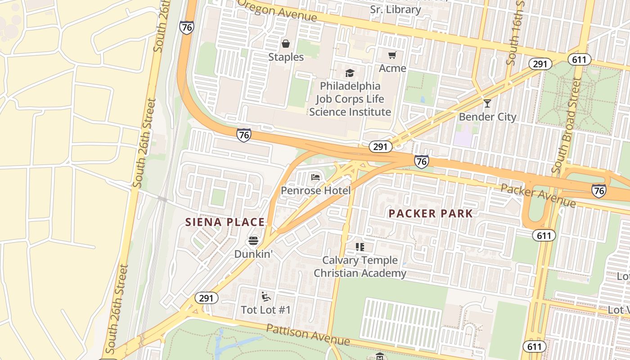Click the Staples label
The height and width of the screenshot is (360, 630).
tap(286, 57)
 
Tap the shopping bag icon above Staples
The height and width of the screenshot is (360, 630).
tap(285, 44)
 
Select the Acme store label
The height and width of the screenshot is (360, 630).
tap(392, 68)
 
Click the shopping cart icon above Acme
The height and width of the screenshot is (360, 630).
tap(392, 55)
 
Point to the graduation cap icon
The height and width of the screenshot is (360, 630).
tap(350, 73)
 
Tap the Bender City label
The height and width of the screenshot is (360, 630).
tap(487, 117)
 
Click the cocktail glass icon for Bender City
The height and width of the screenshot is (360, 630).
tap(487, 103)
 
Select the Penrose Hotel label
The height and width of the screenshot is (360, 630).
tap(315, 191)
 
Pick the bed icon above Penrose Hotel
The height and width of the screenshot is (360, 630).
tap(315, 177)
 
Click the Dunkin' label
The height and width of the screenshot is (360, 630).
tap(253, 254)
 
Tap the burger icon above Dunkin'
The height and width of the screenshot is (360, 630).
tap(253, 241)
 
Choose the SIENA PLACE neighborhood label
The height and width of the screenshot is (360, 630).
tap(225, 222)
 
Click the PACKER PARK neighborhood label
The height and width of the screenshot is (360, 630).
tap(431, 214)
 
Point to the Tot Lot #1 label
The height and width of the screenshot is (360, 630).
tap(265, 310)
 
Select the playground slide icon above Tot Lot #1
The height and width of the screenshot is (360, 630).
tap(265, 296)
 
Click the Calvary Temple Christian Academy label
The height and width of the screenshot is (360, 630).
tap(360, 267)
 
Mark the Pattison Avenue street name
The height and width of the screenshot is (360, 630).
tap(308, 334)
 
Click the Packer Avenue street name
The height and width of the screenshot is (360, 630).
tap(538, 195)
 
